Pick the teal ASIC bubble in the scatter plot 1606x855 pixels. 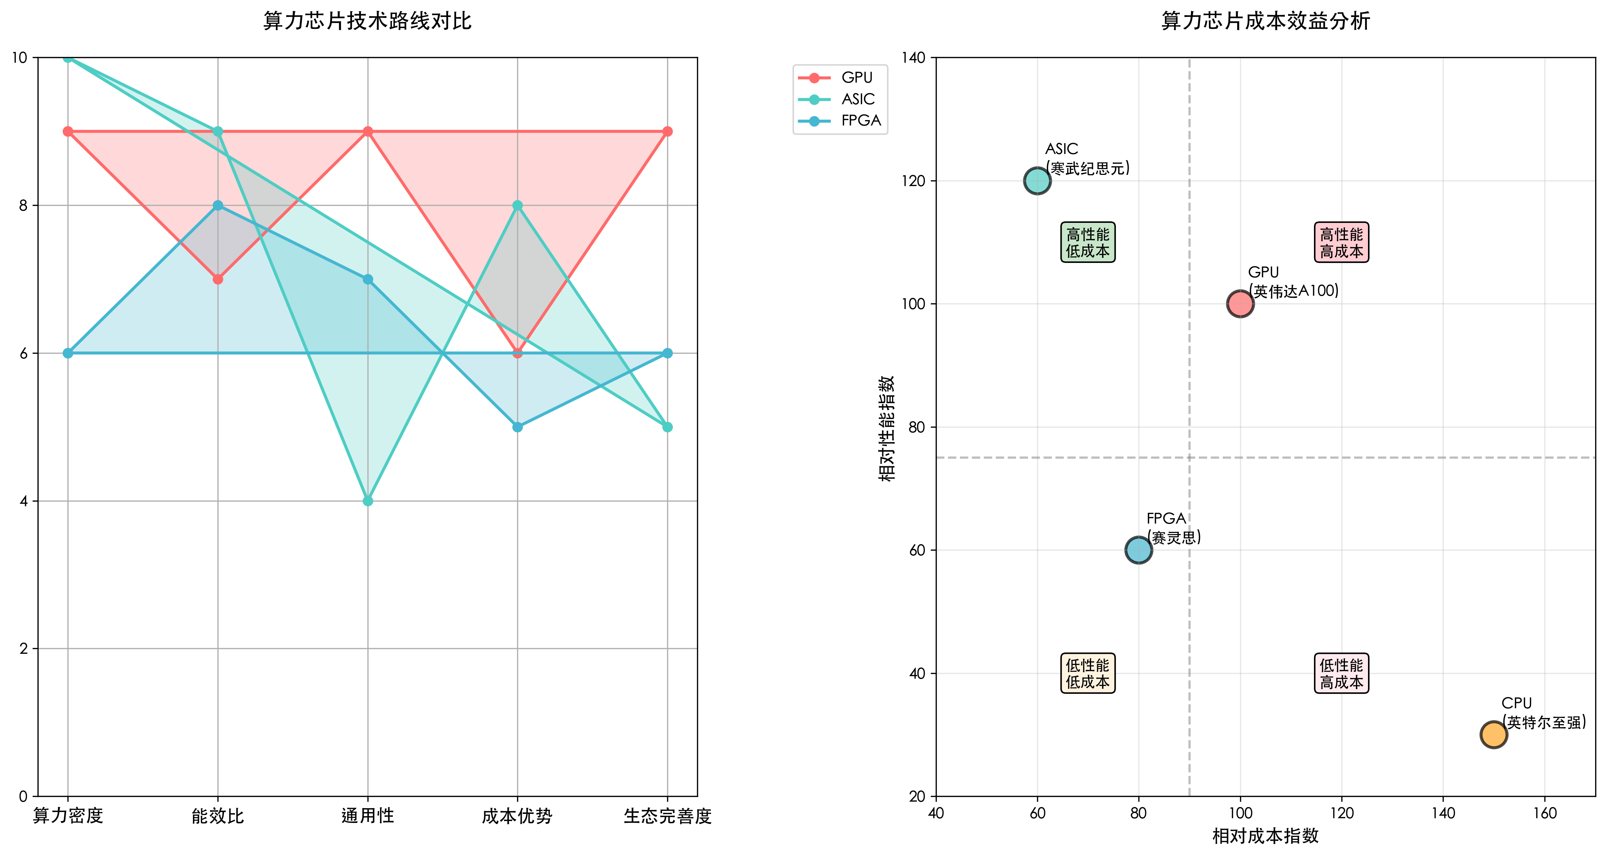coord(1037,181)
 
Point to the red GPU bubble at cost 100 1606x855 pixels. coord(1240,304)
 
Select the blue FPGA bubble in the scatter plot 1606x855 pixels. coord(1138,550)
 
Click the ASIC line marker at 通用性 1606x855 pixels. coord(368,501)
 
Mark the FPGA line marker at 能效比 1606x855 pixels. coord(217,205)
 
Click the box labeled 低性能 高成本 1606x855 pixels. coord(1341,674)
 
